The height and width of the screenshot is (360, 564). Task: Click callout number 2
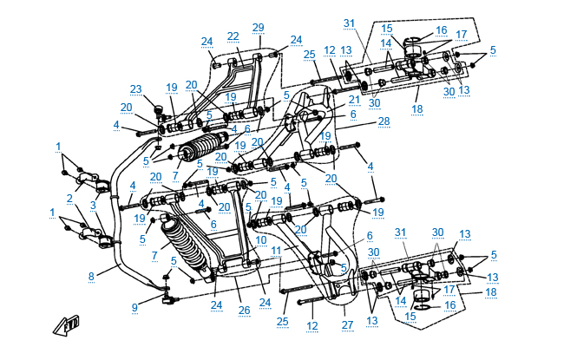coord(70,198)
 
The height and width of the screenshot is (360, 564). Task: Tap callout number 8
coord(90,276)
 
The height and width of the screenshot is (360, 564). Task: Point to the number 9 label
coord(134,306)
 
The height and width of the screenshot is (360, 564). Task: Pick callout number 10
coord(262,239)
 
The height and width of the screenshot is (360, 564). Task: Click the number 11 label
coord(276,250)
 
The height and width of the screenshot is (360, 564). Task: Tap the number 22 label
coord(233,36)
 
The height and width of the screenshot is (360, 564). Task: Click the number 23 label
coord(135,89)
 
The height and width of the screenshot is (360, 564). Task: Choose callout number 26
coord(244,309)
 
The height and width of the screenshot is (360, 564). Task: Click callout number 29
coord(258,27)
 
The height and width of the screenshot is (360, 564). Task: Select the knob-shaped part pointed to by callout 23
coord(159,110)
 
